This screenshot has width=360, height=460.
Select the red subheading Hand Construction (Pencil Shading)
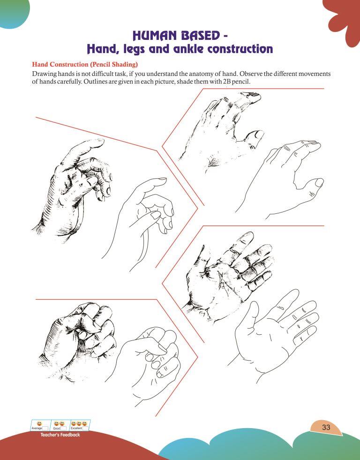point(85,64)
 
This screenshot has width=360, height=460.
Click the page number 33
point(326,427)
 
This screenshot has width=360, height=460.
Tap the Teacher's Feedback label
point(60,435)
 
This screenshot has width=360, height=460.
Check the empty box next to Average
point(45,428)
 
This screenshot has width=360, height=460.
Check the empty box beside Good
point(64,428)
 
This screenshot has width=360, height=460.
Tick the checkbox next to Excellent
point(85,428)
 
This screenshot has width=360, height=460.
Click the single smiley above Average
point(39,423)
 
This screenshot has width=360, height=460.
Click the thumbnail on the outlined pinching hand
point(155,215)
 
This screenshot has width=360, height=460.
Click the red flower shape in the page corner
point(344,21)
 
